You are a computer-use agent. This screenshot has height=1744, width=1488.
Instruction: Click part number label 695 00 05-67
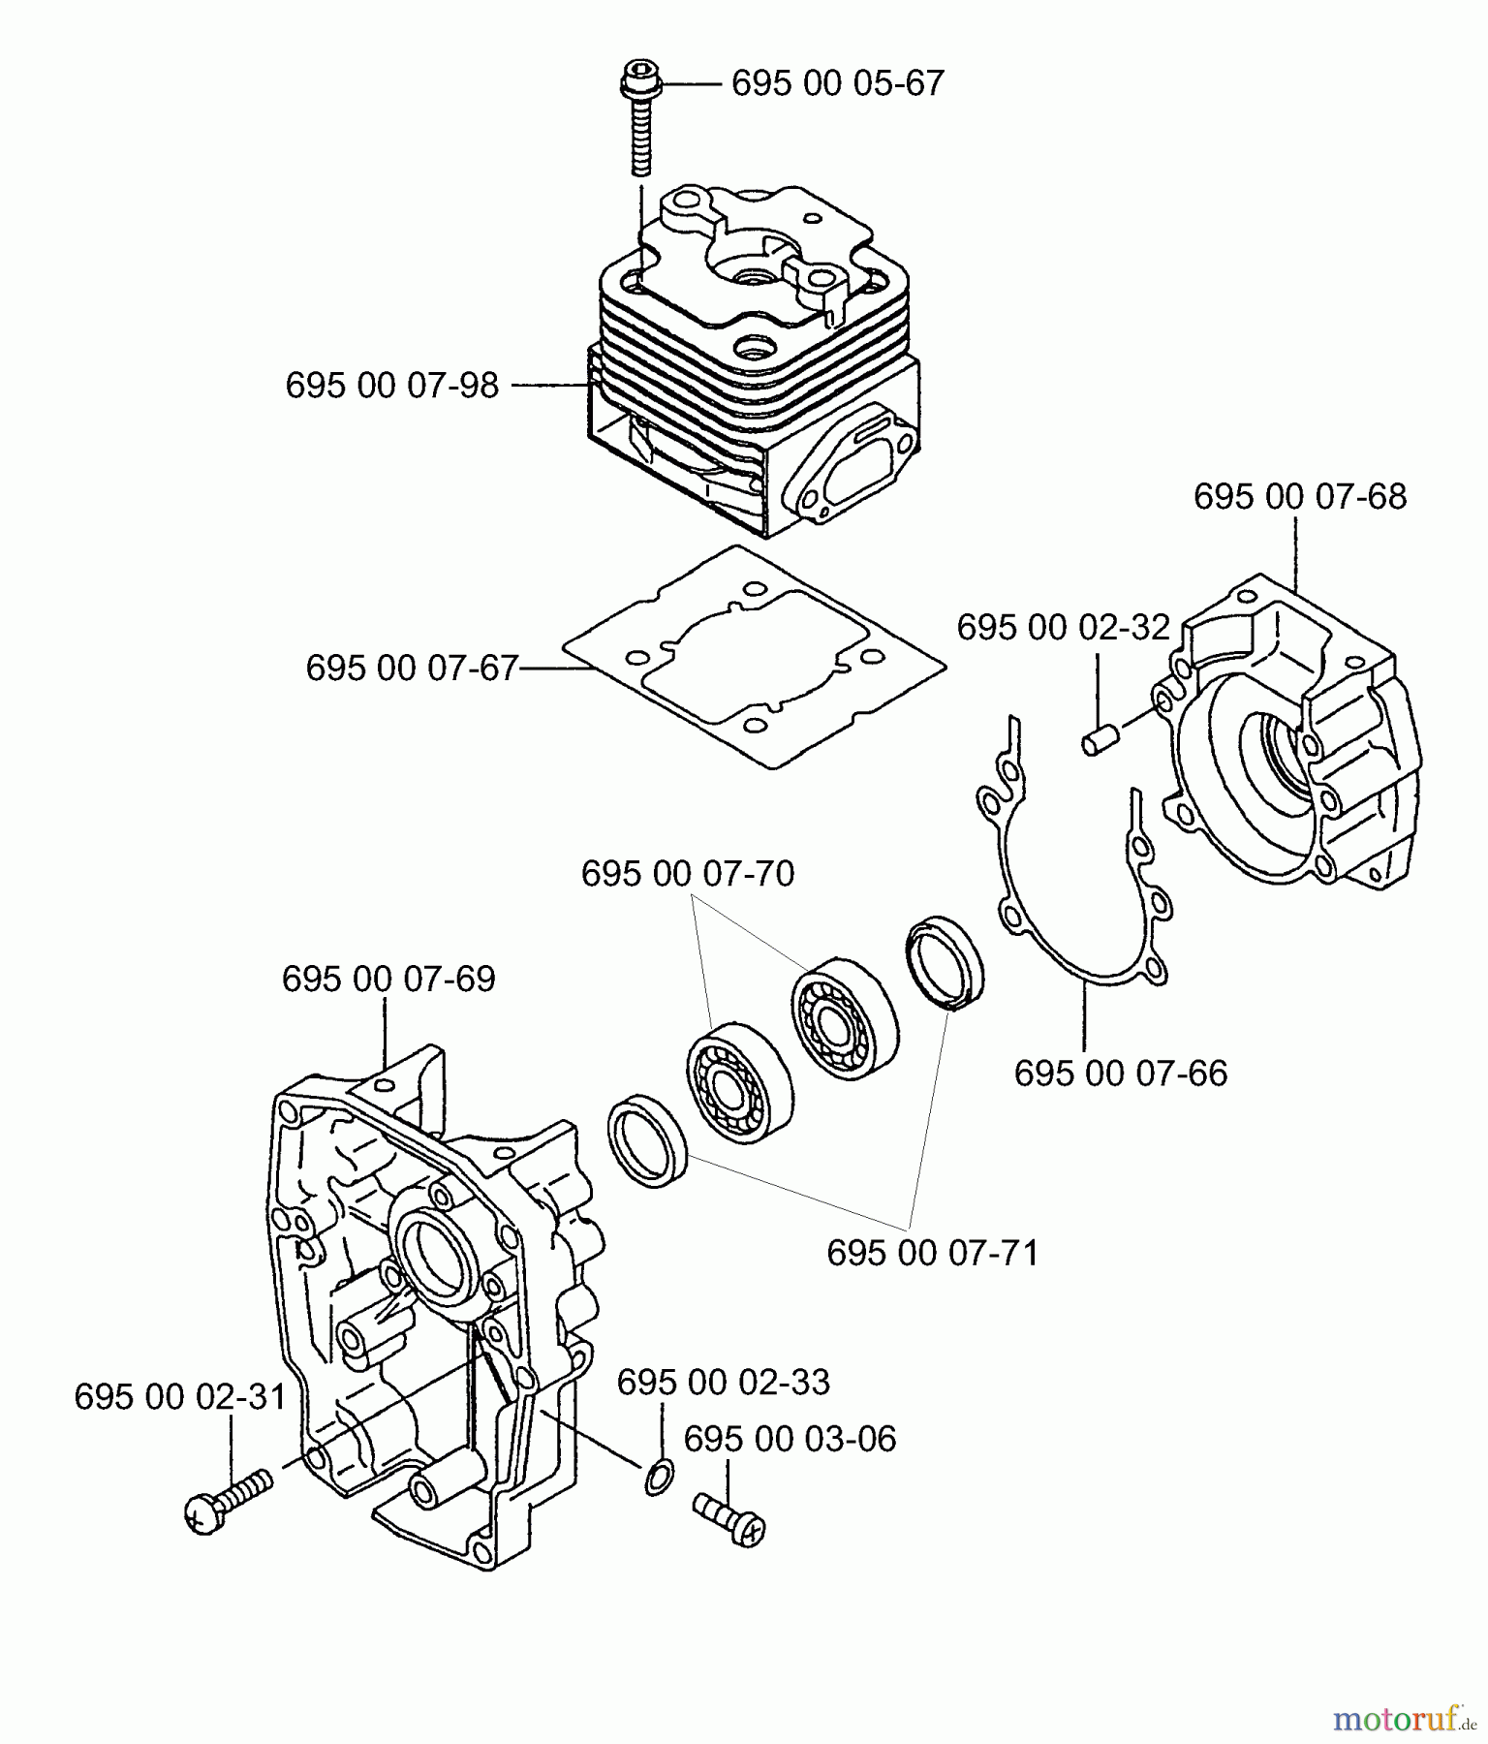(x=837, y=83)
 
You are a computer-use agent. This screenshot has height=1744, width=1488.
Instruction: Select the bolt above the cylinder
(x=637, y=126)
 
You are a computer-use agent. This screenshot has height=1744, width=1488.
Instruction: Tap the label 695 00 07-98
(x=391, y=386)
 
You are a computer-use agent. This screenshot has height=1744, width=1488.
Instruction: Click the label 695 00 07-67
(x=412, y=669)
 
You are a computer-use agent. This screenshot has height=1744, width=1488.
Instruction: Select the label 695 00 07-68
(x=1299, y=497)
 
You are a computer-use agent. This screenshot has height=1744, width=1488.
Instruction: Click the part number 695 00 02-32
(x=1063, y=628)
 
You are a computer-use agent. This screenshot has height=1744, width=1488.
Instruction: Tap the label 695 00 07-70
(x=687, y=875)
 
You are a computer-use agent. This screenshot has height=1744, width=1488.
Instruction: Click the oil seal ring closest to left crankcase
(x=647, y=1140)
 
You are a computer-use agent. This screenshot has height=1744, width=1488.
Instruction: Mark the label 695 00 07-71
(x=932, y=1254)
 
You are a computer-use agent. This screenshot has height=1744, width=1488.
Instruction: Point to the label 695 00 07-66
(x=1120, y=1074)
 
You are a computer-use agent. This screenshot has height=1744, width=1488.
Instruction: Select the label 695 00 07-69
(x=388, y=980)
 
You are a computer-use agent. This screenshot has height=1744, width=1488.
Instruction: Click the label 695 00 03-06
(x=790, y=1440)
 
